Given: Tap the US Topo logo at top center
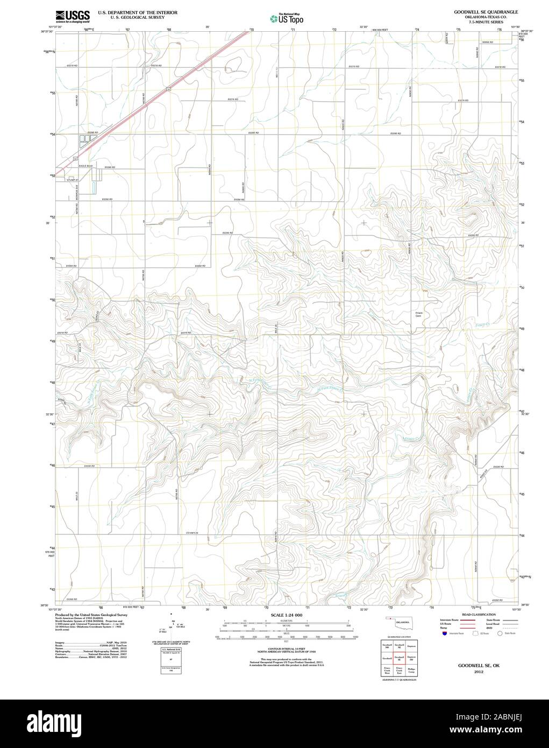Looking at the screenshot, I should coord(287,19).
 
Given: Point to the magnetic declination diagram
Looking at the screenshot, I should coord(173,625).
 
